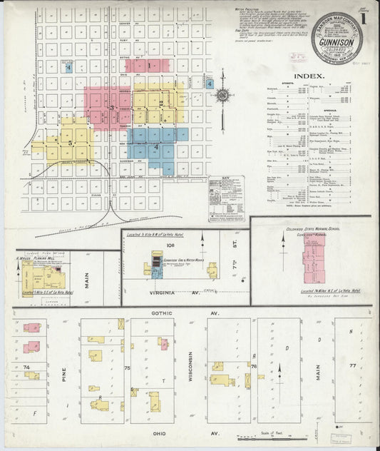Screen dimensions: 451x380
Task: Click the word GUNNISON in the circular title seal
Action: (x=336, y=44)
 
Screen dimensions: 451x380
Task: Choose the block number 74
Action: (x=28, y=367)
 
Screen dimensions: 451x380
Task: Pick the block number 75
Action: (x=127, y=368)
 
